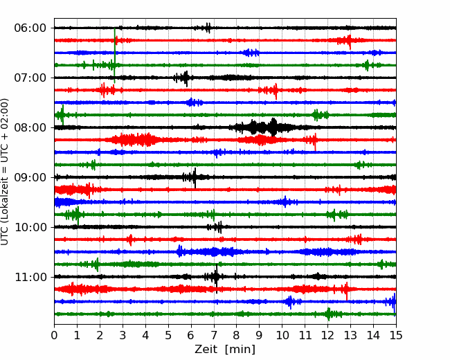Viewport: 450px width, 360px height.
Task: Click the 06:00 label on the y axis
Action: (30, 28)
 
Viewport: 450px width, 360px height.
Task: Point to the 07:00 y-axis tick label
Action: (30, 78)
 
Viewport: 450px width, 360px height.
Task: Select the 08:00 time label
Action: (30, 127)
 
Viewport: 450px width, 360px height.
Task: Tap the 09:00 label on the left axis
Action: (30, 177)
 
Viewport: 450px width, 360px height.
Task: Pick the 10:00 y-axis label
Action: (30, 227)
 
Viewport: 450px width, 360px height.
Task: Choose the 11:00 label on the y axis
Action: (30, 277)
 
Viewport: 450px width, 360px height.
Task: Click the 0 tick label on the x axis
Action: (54, 335)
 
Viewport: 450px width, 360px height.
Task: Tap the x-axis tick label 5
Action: (168, 335)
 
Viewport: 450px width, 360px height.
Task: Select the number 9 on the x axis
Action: (260, 335)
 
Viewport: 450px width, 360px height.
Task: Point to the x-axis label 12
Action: (327, 335)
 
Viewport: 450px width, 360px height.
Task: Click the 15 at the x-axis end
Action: (396, 335)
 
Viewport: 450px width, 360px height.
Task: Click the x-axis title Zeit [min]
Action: (225, 350)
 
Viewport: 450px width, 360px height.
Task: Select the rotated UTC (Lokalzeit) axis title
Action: (5, 172)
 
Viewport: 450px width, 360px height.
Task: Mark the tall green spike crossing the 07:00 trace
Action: (115, 55)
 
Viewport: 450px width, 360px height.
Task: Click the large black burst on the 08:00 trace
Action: (264, 127)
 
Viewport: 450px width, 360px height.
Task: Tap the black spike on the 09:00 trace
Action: (195, 178)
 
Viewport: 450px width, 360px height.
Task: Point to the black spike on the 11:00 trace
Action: (217, 278)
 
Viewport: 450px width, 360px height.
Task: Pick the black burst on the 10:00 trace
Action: (215, 227)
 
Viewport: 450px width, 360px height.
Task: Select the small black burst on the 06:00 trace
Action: (206, 28)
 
